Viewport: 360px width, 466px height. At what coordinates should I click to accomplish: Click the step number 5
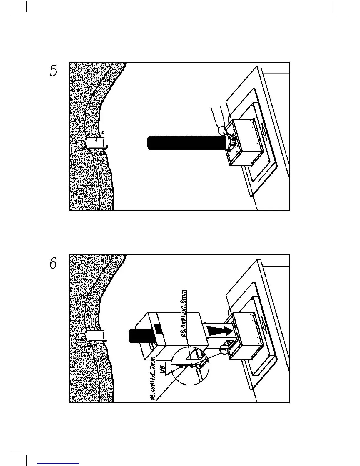(x=53, y=71)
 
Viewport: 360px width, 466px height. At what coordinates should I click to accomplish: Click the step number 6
(x=53, y=263)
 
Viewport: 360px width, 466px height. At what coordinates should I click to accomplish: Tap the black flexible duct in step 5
(x=185, y=143)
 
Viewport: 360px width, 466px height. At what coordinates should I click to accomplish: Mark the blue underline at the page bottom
(x=58, y=463)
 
